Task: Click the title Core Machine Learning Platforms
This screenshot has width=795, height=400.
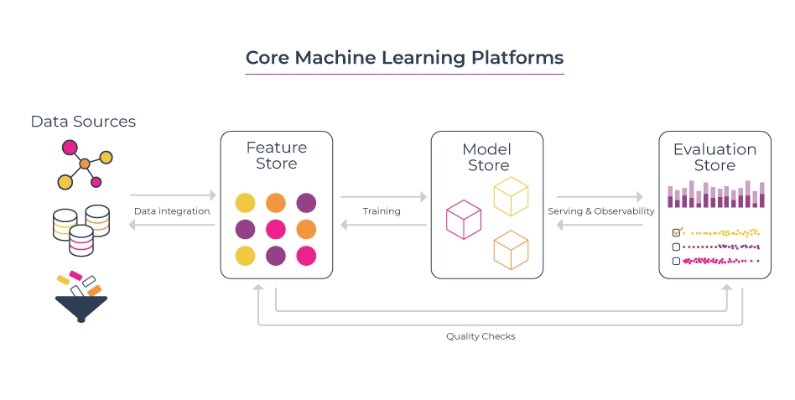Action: [x=404, y=58]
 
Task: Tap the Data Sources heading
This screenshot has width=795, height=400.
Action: [x=83, y=122]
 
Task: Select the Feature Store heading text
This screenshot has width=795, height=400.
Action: [x=277, y=155]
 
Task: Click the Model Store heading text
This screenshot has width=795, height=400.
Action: [x=487, y=157]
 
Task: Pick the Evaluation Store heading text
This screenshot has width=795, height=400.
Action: [x=714, y=157]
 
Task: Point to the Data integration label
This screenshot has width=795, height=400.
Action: [x=172, y=211]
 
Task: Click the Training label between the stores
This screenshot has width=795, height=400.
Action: [x=382, y=211]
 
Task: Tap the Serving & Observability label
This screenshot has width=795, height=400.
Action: [x=600, y=211]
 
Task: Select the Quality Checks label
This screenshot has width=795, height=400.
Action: [x=481, y=336]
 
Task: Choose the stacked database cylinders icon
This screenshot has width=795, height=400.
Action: [x=81, y=229]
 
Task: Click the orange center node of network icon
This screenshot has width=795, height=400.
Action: [x=84, y=164]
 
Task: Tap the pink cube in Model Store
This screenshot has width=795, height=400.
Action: [x=463, y=220]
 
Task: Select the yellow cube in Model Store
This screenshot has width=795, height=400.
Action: [x=511, y=196]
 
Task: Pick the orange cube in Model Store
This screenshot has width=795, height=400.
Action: [x=511, y=250]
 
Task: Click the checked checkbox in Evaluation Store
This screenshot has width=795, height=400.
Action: [x=677, y=232]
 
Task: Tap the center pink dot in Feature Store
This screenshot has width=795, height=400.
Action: [x=276, y=229]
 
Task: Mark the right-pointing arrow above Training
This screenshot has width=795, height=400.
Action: [x=382, y=197]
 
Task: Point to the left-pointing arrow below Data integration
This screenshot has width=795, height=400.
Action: [x=172, y=226]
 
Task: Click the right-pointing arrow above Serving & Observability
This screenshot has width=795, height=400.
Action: [x=600, y=197]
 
